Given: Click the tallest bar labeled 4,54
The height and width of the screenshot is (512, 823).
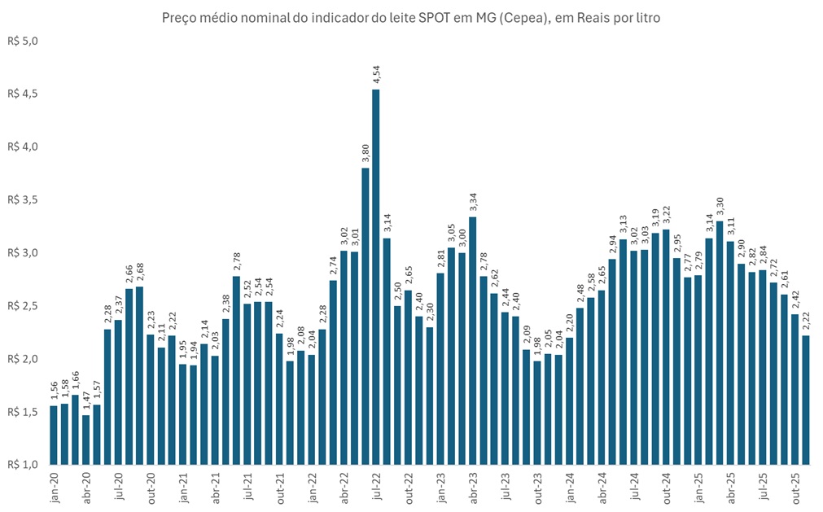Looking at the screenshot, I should (375, 277).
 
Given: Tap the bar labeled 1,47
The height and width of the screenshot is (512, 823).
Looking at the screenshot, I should (85, 440).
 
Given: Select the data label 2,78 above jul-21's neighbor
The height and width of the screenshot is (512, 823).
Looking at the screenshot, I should (236, 261).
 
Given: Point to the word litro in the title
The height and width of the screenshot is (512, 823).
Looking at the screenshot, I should (645, 17).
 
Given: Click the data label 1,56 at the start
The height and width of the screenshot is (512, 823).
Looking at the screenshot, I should (54, 390).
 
